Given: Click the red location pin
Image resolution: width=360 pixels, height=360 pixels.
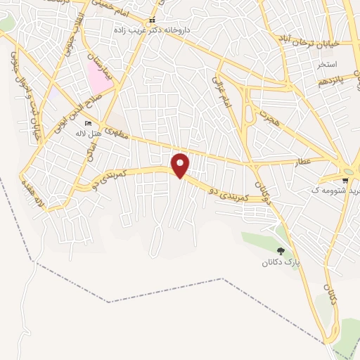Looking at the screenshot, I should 181,165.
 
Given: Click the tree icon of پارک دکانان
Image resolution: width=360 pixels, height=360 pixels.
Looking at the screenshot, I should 281,251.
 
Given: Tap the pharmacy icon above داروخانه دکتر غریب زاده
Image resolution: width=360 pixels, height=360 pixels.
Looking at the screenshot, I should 151,20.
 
